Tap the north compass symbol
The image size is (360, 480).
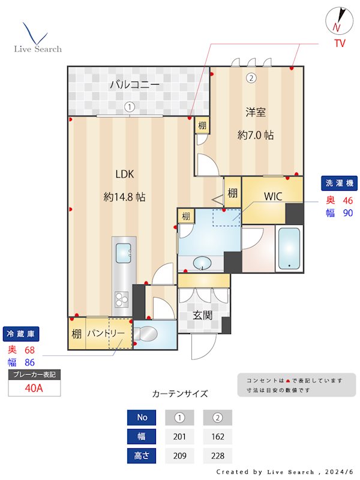(338, 22)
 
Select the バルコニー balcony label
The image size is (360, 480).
(134, 85)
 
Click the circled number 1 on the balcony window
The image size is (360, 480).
(129, 107)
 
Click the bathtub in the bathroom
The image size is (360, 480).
(290, 249)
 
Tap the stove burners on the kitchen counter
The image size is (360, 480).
(122, 297)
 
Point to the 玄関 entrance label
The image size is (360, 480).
(202, 315)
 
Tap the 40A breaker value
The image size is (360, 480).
(34, 388)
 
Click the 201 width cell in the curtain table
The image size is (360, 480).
(179, 436)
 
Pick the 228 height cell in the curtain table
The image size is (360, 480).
(217, 455)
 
